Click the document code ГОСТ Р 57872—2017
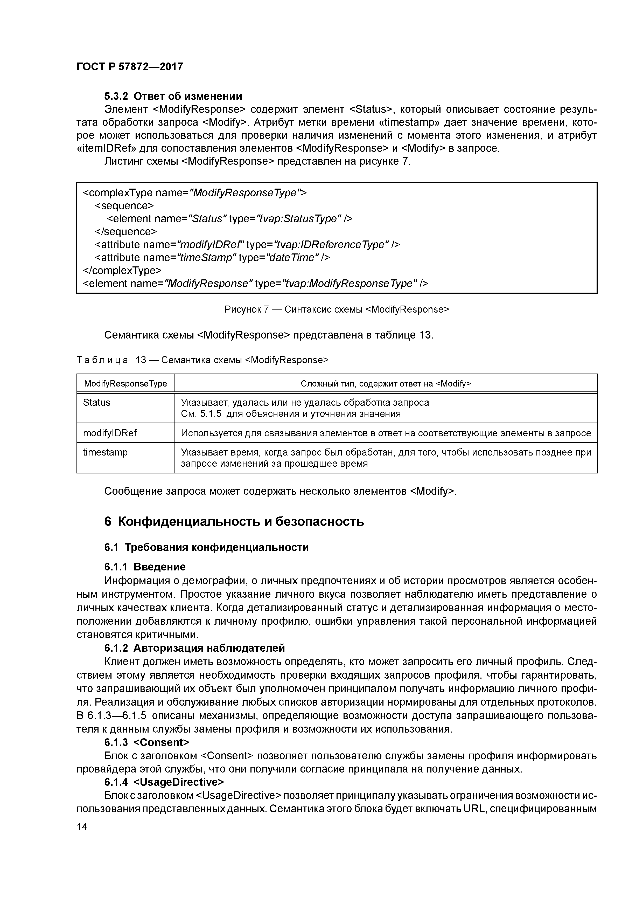(x=130, y=67)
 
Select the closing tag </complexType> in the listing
(x=122, y=270)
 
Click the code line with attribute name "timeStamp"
(x=212, y=257)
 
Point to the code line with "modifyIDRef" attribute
(x=247, y=245)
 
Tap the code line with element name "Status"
(x=229, y=218)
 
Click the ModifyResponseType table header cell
(x=125, y=384)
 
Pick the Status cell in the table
(x=97, y=403)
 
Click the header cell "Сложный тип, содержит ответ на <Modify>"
(x=386, y=384)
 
